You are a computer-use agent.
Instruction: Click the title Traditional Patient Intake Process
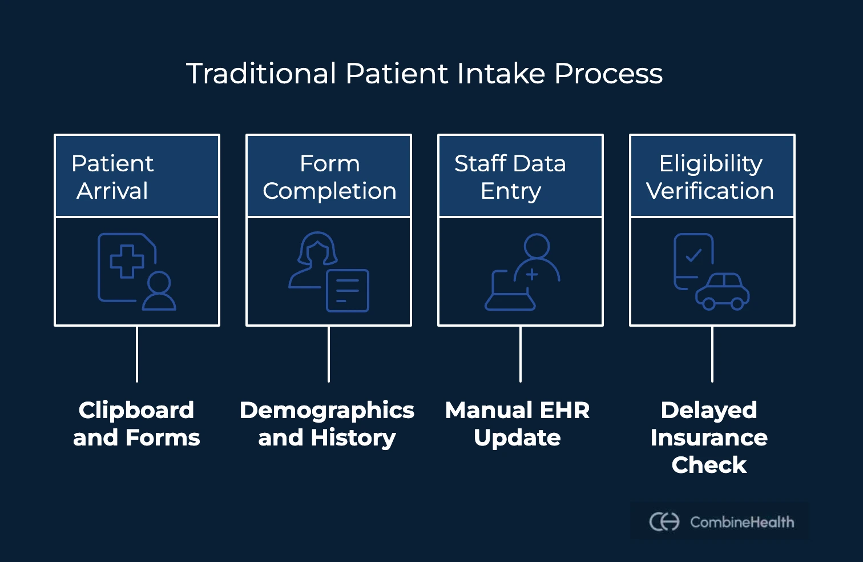click(x=424, y=74)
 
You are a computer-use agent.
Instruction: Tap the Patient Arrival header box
click(x=137, y=176)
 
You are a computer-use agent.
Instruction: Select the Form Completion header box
click(x=329, y=176)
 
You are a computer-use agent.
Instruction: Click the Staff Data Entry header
click(x=521, y=176)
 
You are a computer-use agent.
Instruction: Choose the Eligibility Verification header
click(x=712, y=176)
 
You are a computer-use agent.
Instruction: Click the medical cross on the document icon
click(x=127, y=262)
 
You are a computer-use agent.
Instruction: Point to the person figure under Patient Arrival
click(x=159, y=291)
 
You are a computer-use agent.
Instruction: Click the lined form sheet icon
click(x=348, y=291)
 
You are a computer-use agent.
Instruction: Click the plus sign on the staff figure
click(x=532, y=275)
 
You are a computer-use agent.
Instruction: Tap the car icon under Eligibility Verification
click(x=723, y=291)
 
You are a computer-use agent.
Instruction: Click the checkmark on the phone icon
click(x=693, y=255)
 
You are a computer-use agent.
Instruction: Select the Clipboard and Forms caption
click(x=137, y=424)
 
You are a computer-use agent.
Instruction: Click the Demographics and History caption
click(x=327, y=424)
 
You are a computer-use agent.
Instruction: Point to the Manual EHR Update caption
click(x=518, y=424)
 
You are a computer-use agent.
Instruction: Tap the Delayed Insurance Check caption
click(x=709, y=437)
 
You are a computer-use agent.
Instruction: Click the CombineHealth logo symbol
click(x=664, y=521)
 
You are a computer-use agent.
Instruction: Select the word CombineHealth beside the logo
click(x=742, y=522)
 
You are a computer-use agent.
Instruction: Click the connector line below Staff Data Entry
click(x=521, y=354)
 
